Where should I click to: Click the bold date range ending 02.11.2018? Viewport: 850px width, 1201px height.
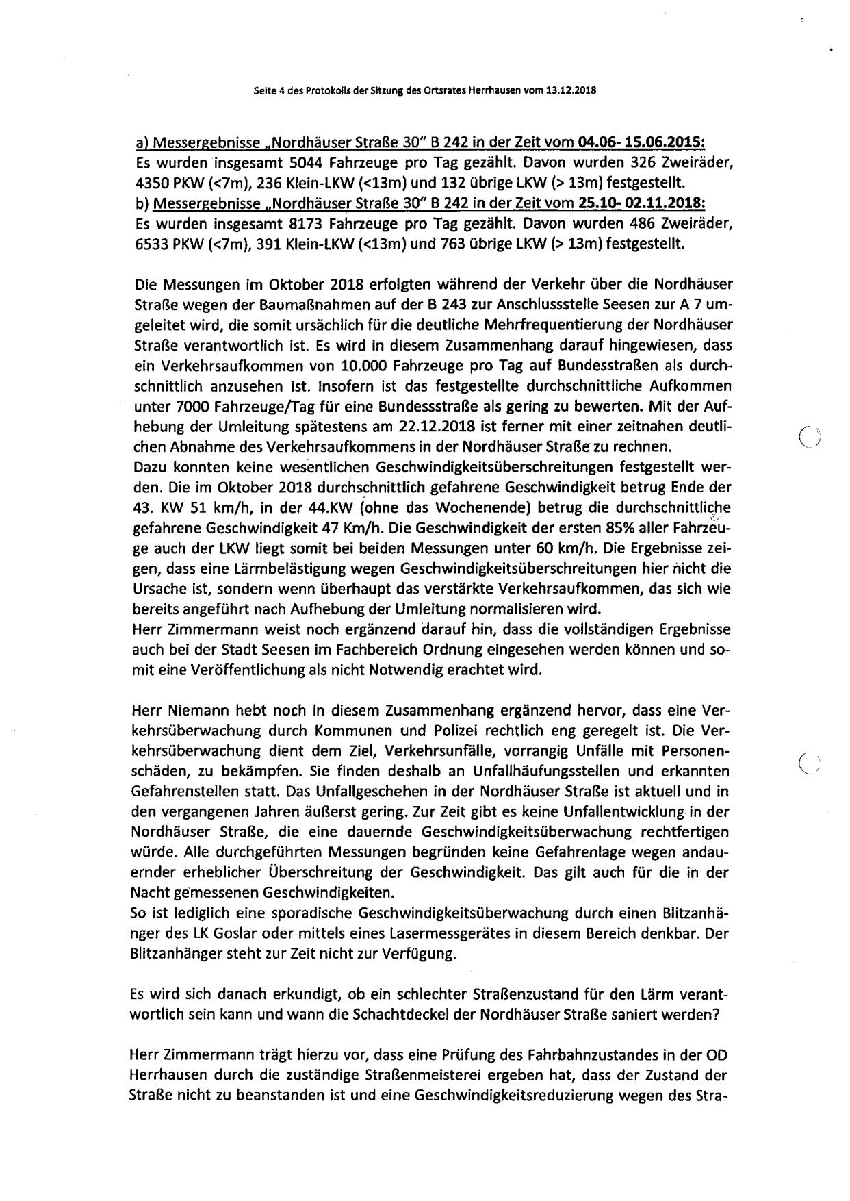click(641, 205)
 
